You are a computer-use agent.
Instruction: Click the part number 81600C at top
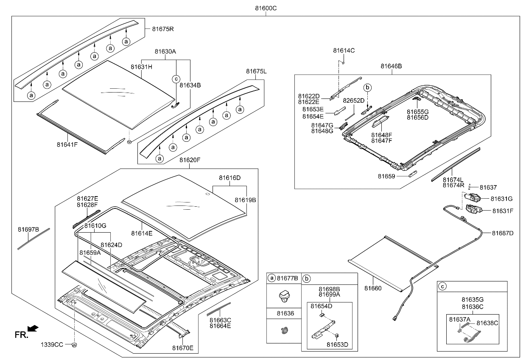point(266,8)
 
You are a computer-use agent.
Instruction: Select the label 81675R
point(163,29)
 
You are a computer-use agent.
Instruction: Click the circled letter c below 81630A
point(176,79)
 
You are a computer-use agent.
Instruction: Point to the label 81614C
point(344,51)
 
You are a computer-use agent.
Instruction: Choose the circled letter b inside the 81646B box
point(368,87)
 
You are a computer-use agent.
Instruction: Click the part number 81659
point(386,175)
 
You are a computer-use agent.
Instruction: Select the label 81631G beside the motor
point(502,198)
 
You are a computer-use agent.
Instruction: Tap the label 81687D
point(503,233)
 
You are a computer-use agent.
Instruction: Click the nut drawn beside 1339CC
point(74,345)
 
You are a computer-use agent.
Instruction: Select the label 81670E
point(183,348)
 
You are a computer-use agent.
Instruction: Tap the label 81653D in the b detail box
point(337,344)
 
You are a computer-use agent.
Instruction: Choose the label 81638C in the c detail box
point(487,323)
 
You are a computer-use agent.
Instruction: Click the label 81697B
point(28,230)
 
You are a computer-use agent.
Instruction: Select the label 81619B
point(246,200)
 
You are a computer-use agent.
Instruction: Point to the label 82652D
point(354,101)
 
